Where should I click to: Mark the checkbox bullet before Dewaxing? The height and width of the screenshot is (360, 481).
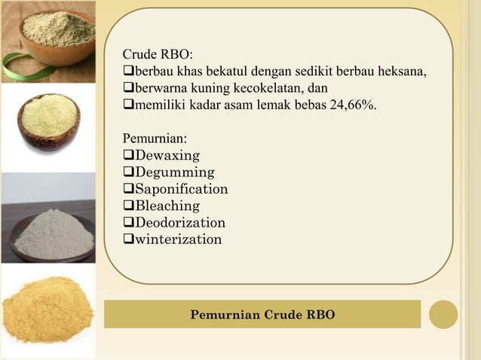[x=128, y=156]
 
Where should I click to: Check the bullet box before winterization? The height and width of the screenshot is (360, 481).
[x=128, y=239]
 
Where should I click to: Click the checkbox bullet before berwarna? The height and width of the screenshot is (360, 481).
[x=128, y=89]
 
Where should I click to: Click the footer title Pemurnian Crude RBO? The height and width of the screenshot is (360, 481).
[x=262, y=314]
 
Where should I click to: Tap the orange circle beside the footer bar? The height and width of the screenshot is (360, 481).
[x=443, y=314]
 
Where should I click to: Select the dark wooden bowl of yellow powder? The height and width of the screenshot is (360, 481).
[x=48, y=121]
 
